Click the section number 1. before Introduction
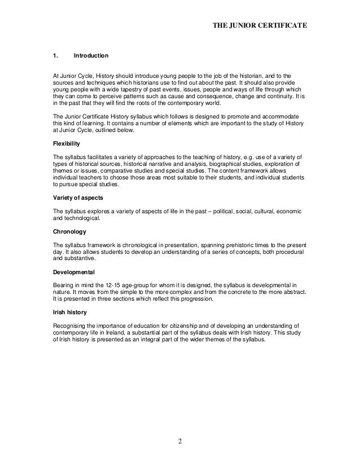[x=55, y=56]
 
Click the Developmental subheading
[x=73, y=272]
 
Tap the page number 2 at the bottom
[x=180, y=441]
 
